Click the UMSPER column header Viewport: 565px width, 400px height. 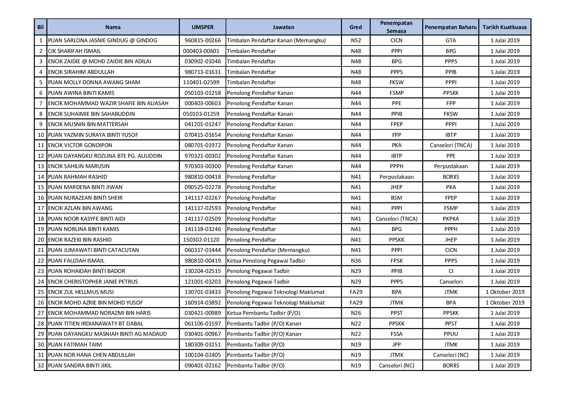coord(202,27)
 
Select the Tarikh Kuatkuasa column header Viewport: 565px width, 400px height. coord(504,27)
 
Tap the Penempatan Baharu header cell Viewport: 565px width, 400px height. coord(450,27)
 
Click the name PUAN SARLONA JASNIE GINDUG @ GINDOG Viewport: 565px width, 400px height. coord(102,40)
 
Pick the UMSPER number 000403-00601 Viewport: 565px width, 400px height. coord(201,51)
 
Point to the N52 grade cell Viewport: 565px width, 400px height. coord(356,40)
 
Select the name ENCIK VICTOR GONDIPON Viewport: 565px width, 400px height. coord(80,145)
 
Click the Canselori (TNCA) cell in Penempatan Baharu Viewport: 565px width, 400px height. coord(451,145)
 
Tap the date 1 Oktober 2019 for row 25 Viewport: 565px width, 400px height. coord(505,292)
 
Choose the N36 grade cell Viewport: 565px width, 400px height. coord(356,261)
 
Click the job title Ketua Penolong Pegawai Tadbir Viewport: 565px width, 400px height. coord(266,261)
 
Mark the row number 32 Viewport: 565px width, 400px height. coord(41,365)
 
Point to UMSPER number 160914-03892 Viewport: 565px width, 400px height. coord(203,303)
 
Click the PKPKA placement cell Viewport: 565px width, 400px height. coord(451,219)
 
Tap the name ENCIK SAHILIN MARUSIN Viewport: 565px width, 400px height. coord(79,166)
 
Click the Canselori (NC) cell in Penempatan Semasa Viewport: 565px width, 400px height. coord(396,365)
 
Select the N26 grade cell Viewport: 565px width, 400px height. coord(356,313)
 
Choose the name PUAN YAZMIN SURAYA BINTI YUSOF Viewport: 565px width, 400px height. coord(93,135)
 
